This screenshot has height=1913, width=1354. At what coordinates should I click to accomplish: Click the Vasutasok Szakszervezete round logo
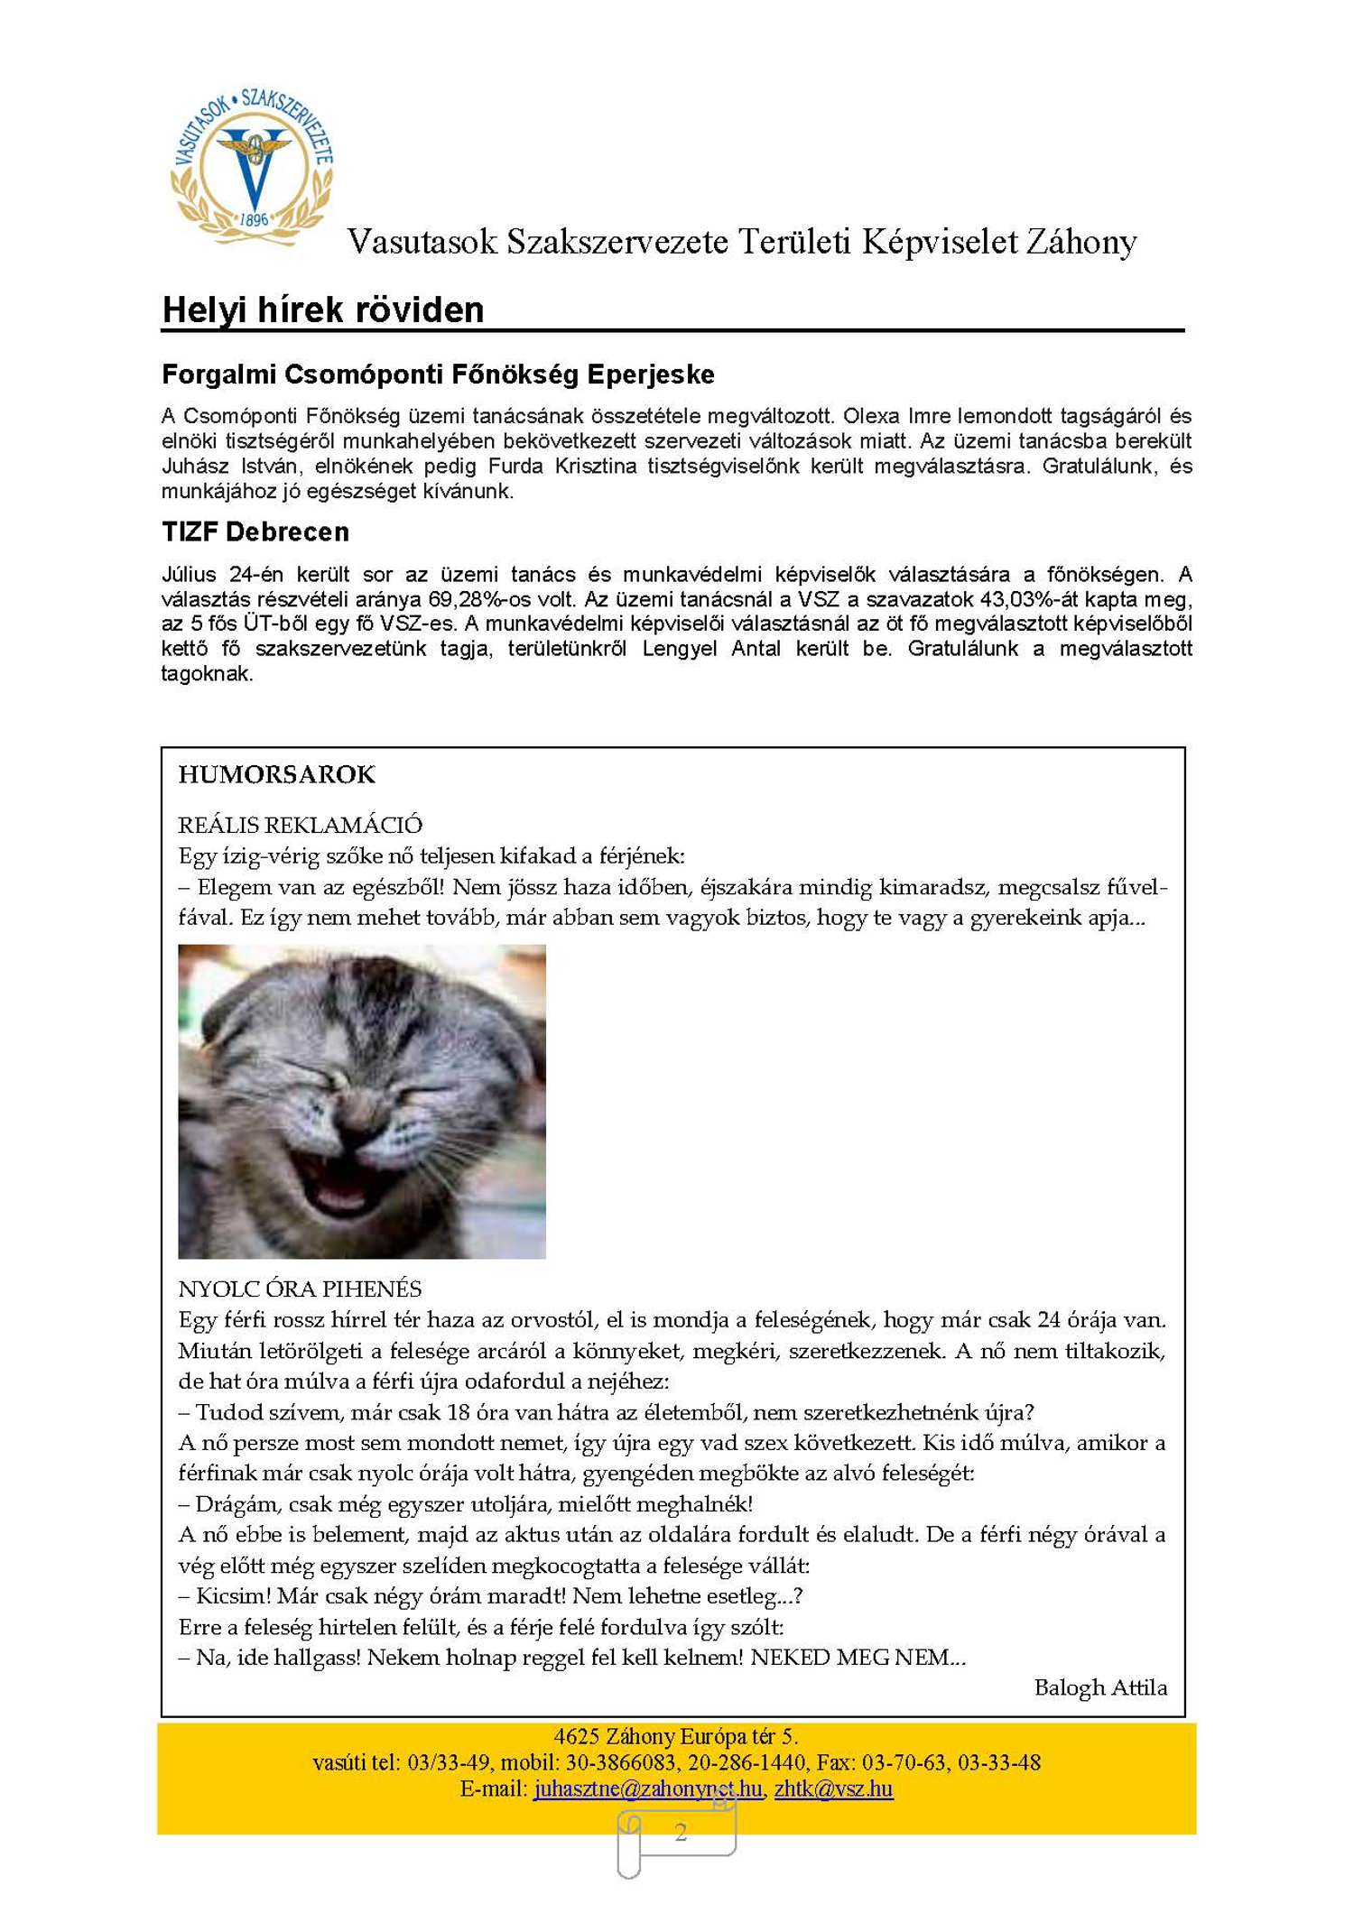coord(253,166)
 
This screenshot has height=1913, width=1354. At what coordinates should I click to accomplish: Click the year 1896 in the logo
coord(254,218)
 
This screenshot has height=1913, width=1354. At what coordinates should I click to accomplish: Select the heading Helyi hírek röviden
coord(322,310)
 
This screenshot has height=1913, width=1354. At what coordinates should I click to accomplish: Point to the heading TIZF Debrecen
coord(255,531)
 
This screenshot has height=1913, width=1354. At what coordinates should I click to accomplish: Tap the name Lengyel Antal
coord(711,649)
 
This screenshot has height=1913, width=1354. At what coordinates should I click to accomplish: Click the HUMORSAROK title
coord(276,774)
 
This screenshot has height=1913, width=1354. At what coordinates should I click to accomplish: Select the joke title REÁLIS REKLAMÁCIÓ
coord(300,825)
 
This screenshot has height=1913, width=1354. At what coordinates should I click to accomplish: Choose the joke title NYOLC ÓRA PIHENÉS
coord(300,1289)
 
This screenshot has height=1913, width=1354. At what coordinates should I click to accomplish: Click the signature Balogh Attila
coord(1100,1687)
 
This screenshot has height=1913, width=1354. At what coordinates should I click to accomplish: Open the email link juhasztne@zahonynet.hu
coord(647,1788)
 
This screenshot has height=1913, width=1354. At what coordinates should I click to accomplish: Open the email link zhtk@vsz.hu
coord(833,1788)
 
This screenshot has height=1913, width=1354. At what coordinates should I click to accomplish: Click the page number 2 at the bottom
coord(681,1832)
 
